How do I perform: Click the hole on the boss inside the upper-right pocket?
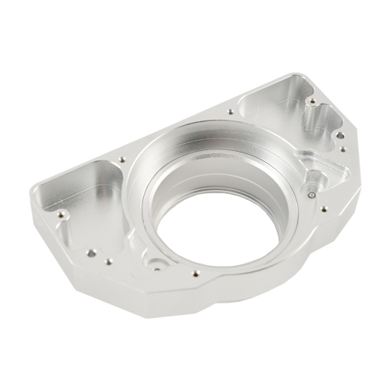tap(311, 102)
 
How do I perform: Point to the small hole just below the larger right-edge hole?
tap(342, 149)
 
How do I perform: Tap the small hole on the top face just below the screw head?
tap(321, 208)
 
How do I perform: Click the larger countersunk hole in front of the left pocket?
tap(92, 253)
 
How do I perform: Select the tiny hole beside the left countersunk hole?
tap(109, 261)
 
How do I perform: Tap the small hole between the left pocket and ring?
tap(122, 160)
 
